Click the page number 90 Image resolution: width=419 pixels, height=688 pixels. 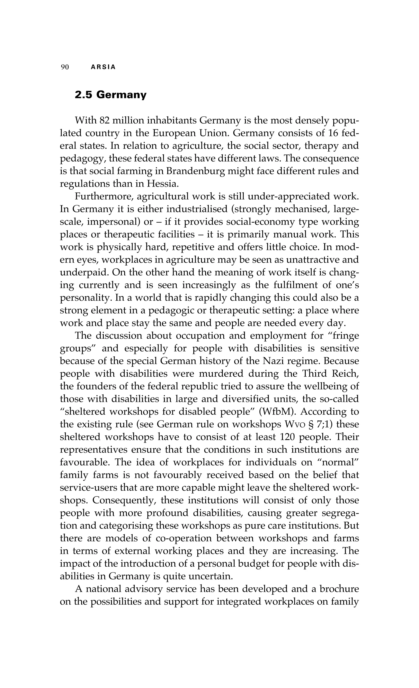click(65, 67)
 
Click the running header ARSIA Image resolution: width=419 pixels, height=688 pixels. click(103, 67)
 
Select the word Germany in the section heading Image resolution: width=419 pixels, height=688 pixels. click(121, 95)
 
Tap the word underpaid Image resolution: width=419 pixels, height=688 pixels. click(83, 272)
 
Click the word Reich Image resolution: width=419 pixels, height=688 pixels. click(345, 374)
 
